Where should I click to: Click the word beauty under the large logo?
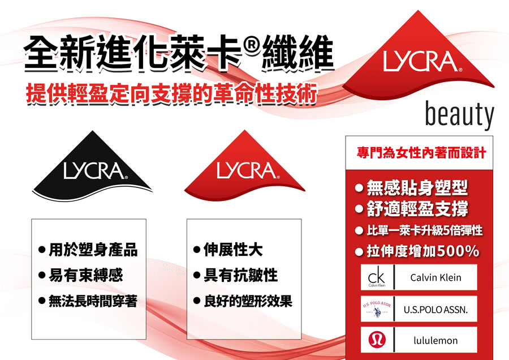pyautogui.click(x=459, y=115)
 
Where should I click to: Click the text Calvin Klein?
pyautogui.click(x=435, y=277)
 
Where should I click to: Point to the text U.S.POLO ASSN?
pyautogui.click(x=435, y=310)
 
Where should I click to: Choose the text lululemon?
pyautogui.click(x=435, y=341)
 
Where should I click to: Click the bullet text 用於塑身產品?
pyautogui.click(x=93, y=250)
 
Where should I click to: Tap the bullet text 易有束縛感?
pyautogui.click(x=85, y=276)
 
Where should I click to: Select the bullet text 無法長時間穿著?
pyautogui.click(x=93, y=302)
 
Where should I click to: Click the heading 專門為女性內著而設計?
pyautogui.click(x=421, y=153)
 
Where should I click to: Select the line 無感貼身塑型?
pyautogui.click(x=417, y=188)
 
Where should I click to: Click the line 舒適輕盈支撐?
pyautogui.click(x=417, y=209)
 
